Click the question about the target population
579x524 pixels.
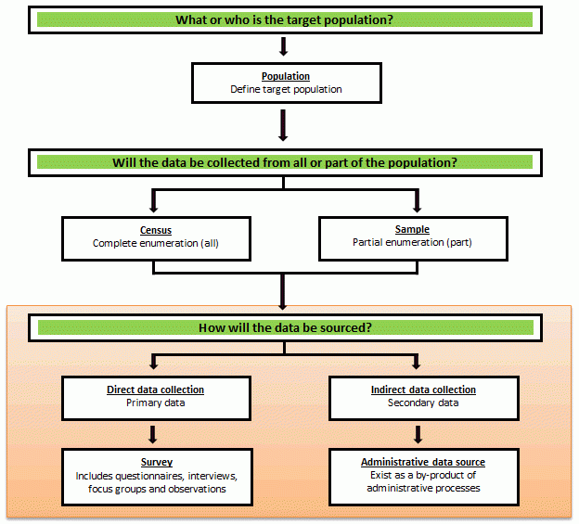[284, 19]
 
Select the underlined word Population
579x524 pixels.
[285, 76]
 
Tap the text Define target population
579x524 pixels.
[285, 89]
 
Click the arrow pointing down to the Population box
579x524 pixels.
[284, 47]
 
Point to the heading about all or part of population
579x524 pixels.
[284, 162]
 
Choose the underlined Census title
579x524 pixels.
[155, 230]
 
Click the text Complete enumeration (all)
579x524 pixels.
[155, 243]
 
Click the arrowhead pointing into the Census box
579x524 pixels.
[154, 205]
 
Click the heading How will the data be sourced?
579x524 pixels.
[284, 328]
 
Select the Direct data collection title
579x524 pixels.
[155, 390]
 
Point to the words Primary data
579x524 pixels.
[155, 403]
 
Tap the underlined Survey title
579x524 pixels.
[157, 462]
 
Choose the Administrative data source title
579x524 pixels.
[422, 462]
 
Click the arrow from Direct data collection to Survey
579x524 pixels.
[154, 433]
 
